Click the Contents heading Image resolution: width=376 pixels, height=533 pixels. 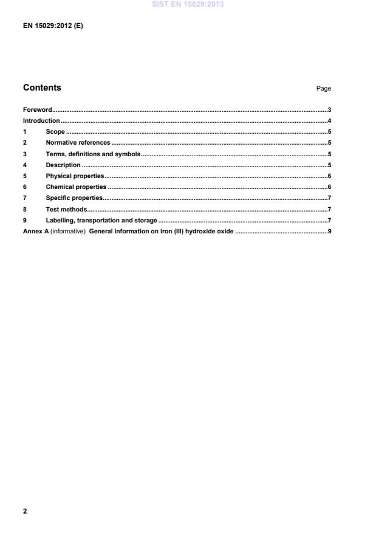tap(42, 88)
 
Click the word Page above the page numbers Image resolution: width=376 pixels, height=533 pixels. tap(323, 89)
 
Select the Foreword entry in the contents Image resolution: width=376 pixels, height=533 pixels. tap(37, 110)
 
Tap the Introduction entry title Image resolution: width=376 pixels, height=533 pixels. tap(41, 121)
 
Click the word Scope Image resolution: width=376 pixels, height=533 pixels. tap(55, 132)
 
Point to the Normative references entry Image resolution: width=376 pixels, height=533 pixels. tap(78, 143)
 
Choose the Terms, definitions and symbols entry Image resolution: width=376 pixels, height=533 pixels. tap(93, 154)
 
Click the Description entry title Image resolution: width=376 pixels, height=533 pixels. tap(63, 165)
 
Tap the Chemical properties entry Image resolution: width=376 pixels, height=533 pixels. tap(76, 187)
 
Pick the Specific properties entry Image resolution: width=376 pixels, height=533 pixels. tap(74, 198)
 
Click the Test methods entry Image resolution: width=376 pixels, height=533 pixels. tap(66, 209)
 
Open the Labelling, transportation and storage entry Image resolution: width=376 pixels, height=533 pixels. tap(101, 220)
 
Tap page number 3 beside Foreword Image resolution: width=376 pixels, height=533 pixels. tap(329, 110)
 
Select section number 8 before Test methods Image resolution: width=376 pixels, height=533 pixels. tap(25, 209)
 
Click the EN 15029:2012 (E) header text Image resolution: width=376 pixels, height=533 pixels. tap(53, 26)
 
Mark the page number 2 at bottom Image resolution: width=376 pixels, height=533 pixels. tap(25, 511)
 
